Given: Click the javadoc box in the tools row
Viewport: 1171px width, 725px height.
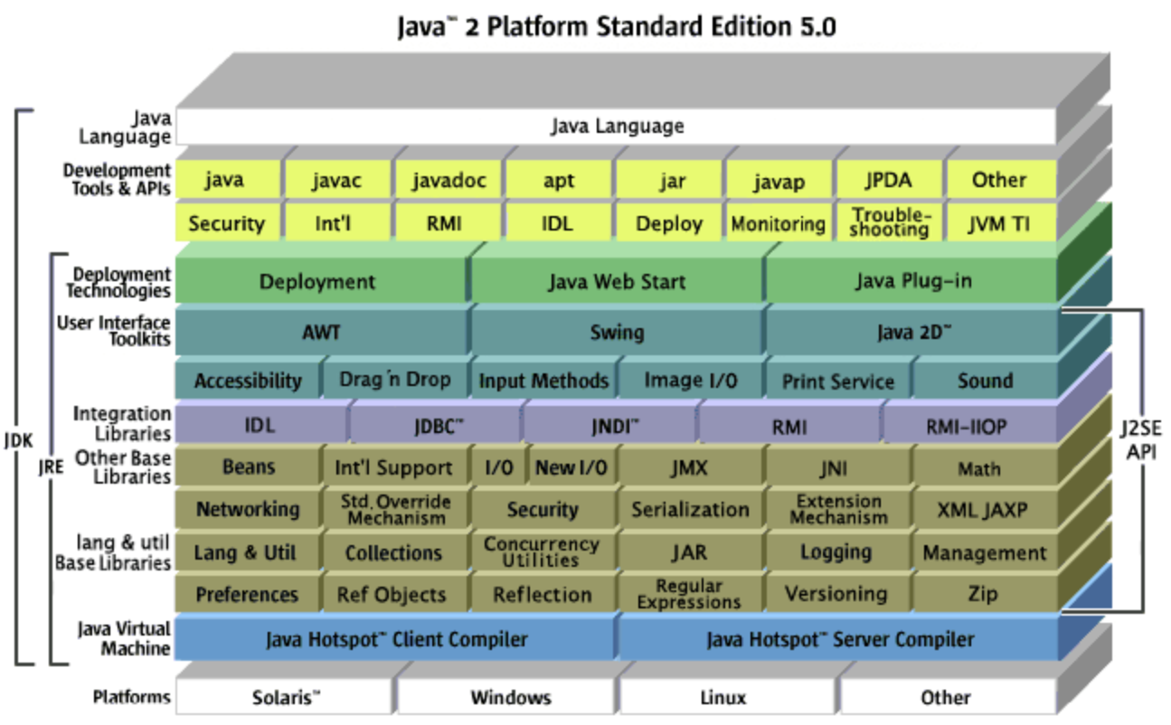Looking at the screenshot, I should click(x=449, y=181).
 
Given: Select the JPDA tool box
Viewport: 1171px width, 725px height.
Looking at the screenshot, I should click(x=889, y=181).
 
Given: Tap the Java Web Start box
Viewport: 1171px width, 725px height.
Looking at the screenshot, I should click(x=616, y=282).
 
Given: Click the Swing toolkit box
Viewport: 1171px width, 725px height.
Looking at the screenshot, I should click(x=616, y=332).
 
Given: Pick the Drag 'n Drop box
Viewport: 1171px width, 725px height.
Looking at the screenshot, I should click(x=394, y=381).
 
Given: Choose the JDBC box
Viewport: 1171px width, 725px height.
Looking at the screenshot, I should click(x=434, y=426).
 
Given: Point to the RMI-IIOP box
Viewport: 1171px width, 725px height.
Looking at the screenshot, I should click(x=966, y=426).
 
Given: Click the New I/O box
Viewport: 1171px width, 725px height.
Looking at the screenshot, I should click(x=571, y=467).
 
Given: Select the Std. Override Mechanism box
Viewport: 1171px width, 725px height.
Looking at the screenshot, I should click(x=395, y=509).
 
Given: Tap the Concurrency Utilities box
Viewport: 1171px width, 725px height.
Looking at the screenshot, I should click(x=541, y=551).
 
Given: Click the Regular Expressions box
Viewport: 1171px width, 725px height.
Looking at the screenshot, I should click(x=689, y=594).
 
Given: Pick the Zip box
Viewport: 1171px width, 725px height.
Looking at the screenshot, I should click(x=983, y=594).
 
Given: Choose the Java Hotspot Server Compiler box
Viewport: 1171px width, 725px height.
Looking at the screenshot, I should click(x=838, y=640).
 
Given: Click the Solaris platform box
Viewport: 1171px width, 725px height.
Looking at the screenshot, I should click(x=285, y=697).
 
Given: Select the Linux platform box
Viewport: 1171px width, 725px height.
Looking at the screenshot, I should click(x=723, y=697).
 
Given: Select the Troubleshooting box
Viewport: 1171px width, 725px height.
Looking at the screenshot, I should click(x=891, y=222).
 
